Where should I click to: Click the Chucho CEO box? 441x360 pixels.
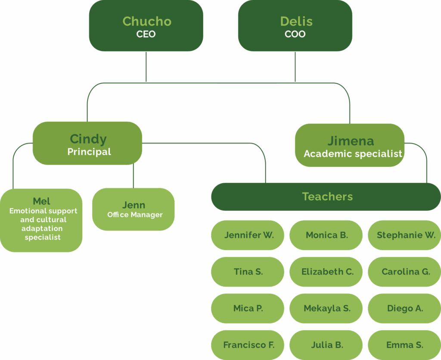pyautogui.click(x=146, y=26)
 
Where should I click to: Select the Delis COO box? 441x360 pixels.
pyautogui.click(x=295, y=26)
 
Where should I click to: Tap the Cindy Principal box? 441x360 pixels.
pyautogui.click(x=87, y=143)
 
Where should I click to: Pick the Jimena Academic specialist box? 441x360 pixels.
pyautogui.click(x=350, y=145)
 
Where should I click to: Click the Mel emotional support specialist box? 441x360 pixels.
pyautogui.click(x=41, y=220)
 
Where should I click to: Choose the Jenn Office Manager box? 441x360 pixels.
pyautogui.click(x=134, y=209)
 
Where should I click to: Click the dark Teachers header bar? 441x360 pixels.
pyautogui.click(x=326, y=197)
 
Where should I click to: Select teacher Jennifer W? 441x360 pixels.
pyautogui.click(x=248, y=235)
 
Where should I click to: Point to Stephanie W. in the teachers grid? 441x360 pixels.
pyautogui.click(x=405, y=235)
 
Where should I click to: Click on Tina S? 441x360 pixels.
pyautogui.click(x=248, y=272)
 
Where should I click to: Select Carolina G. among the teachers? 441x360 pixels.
pyautogui.click(x=405, y=272)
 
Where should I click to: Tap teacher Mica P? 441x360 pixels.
pyautogui.click(x=248, y=308)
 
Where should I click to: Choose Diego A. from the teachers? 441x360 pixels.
pyautogui.click(x=405, y=308)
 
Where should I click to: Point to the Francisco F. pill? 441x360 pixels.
pyautogui.click(x=248, y=345)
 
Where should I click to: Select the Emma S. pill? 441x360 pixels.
pyautogui.click(x=405, y=345)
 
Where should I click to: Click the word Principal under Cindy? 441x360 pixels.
pyautogui.click(x=89, y=152)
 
